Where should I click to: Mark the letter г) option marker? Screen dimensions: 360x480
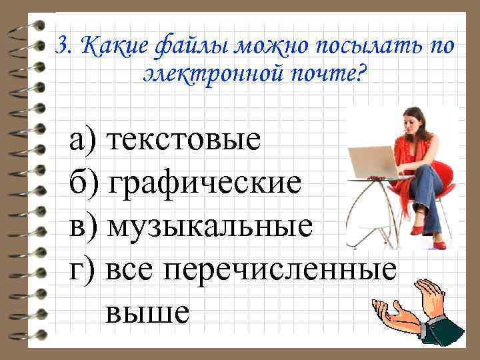tap(80, 270)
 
